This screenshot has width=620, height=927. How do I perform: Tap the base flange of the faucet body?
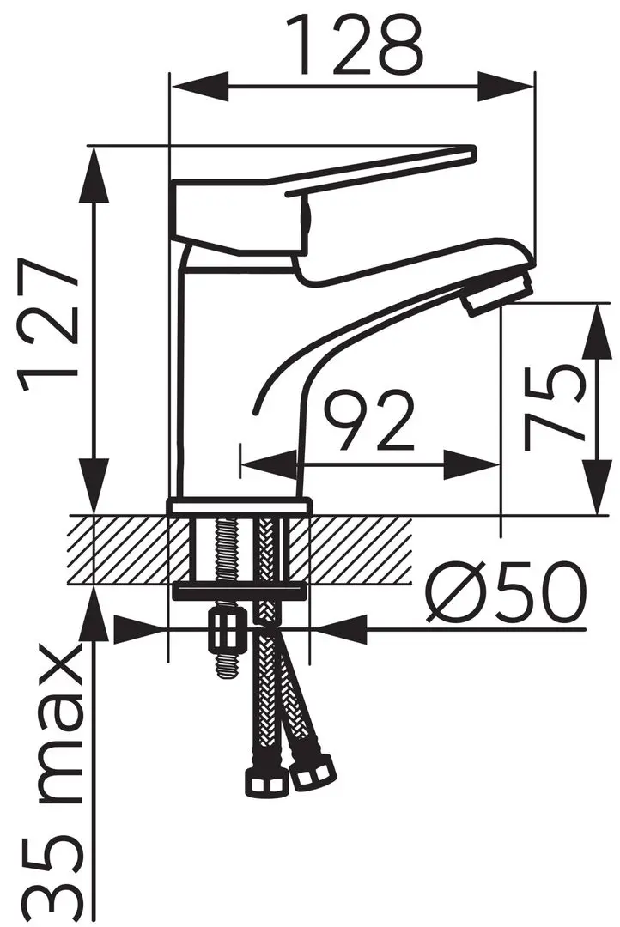(238, 507)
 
